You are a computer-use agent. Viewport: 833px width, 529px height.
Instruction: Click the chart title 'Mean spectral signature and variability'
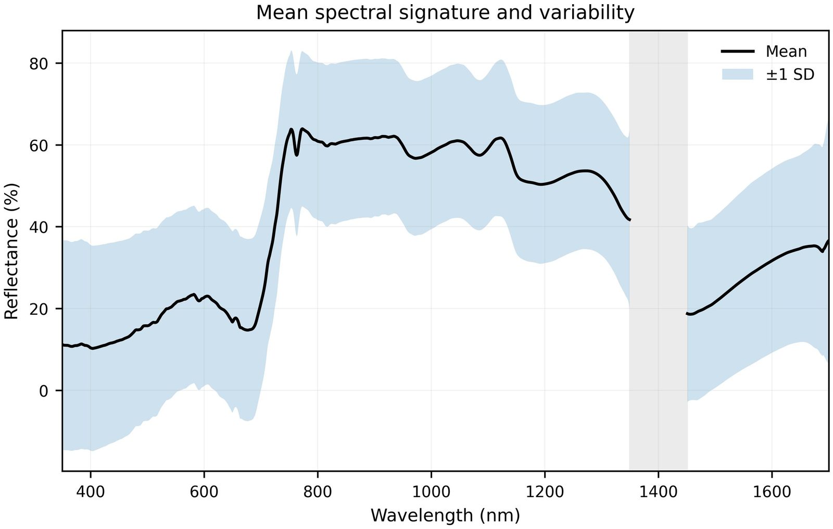(445, 13)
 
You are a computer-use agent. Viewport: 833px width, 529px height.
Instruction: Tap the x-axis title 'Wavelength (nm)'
(445, 515)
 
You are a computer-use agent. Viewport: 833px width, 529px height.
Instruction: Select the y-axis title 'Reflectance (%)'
(11, 251)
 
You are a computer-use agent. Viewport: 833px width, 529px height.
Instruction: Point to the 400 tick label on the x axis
(91, 492)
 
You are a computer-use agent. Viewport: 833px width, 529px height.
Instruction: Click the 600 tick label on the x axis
(204, 492)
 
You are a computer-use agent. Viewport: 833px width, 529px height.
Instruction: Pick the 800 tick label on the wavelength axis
(318, 492)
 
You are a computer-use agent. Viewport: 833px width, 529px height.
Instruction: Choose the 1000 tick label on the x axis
(432, 492)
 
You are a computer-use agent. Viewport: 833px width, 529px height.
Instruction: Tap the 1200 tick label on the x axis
(545, 492)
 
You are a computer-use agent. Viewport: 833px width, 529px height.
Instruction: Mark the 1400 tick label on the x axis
(658, 492)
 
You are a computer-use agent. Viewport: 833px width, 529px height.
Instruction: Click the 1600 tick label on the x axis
(772, 492)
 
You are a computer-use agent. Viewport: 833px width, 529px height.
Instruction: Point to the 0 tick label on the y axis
(44, 391)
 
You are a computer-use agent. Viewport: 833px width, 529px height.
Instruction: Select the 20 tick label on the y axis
(39, 309)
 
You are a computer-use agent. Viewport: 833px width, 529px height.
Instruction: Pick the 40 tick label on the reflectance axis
(39, 227)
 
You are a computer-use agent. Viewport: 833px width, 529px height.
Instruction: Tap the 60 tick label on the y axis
(39, 145)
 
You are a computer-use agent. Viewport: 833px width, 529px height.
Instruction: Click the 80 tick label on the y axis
(39, 64)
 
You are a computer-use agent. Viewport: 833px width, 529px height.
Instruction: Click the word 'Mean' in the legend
(786, 52)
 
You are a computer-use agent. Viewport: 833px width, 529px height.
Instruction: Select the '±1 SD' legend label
(790, 75)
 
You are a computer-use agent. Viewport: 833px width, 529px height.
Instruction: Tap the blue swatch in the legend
(737, 75)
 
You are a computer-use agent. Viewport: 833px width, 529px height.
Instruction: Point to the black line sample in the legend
(737, 52)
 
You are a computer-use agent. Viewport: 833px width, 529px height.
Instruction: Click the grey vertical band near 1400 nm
(658, 251)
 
